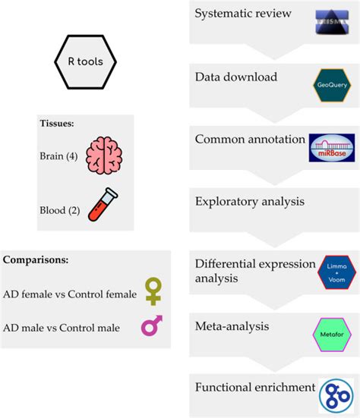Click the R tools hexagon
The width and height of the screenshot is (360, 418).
pos(84,62)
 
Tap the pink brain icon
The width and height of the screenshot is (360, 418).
pos(103,156)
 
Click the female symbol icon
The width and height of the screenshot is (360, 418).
pos(153,291)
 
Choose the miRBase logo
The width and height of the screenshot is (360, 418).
pos(331,147)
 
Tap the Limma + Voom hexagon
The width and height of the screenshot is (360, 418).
pos(333,272)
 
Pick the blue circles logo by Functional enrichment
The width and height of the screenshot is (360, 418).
pos(335,394)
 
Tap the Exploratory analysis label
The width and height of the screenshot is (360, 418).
pos(249,202)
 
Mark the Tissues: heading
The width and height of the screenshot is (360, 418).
pos(58,124)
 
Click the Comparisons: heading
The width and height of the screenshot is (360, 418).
pos(36,259)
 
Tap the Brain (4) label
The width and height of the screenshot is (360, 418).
pos(58,156)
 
